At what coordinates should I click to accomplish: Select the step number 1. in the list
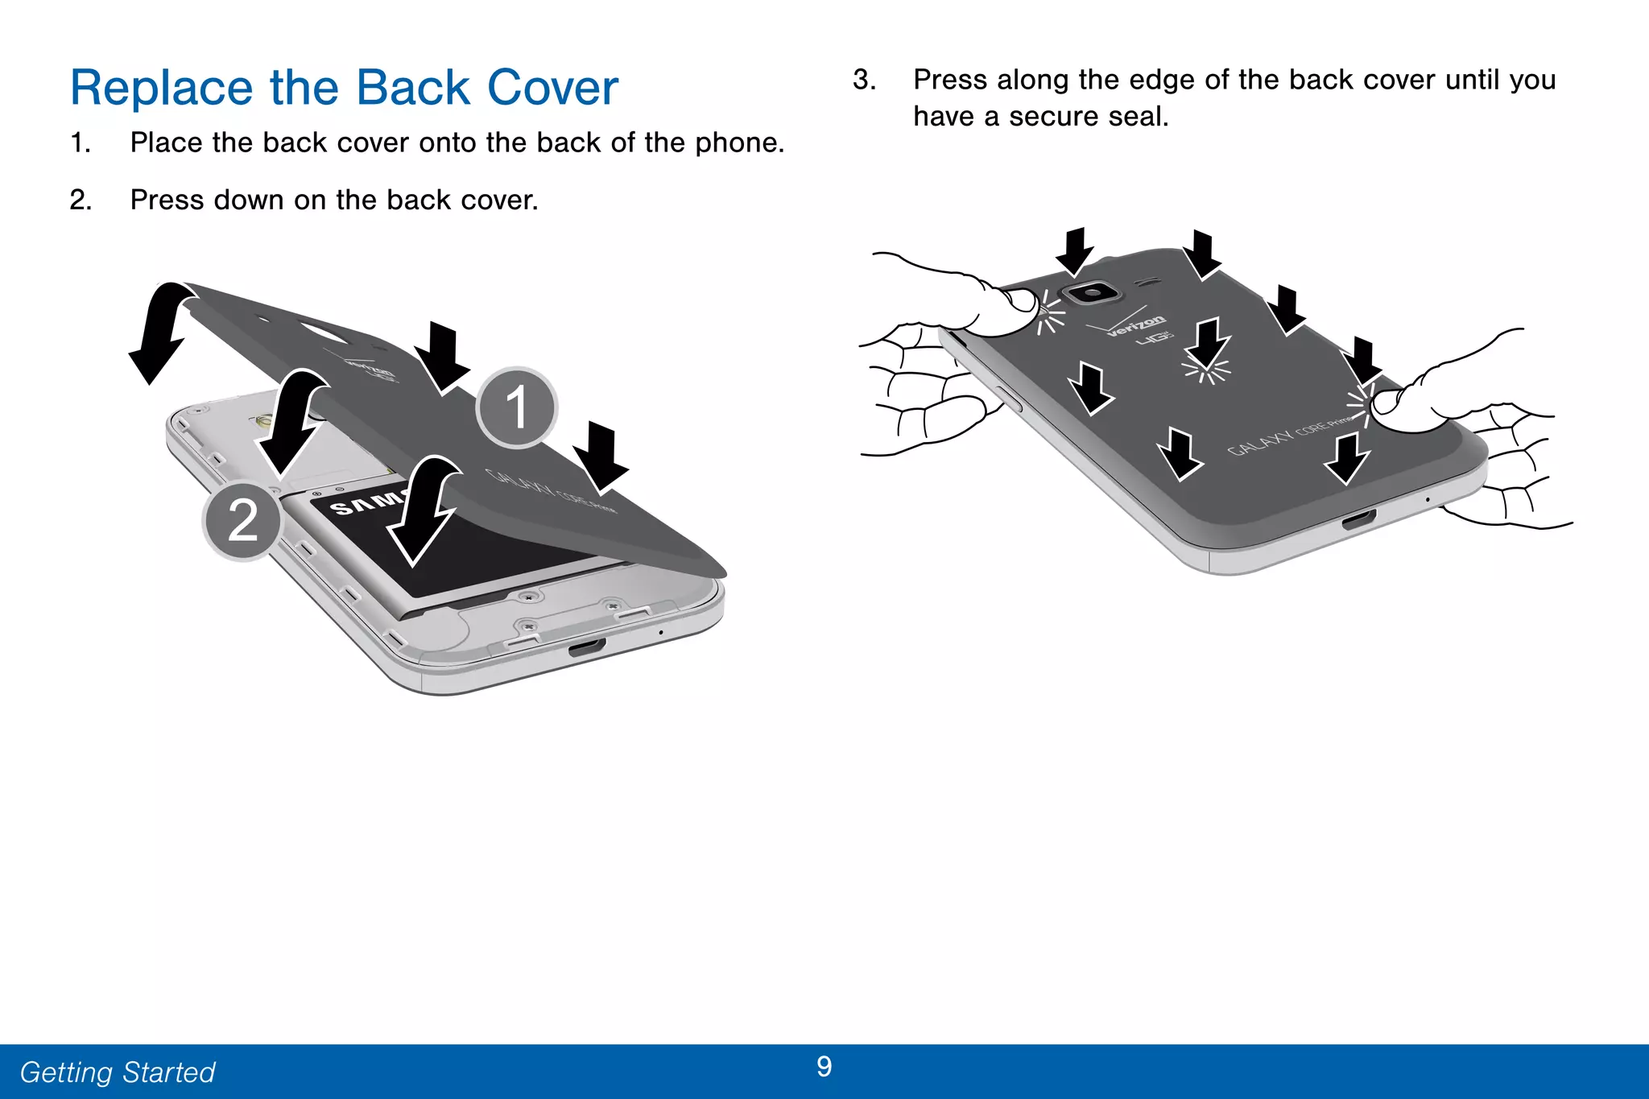[x=80, y=143]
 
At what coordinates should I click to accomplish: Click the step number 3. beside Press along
[x=864, y=80]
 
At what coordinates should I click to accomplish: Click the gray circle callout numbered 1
[x=516, y=407]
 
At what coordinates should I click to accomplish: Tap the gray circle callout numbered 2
[x=242, y=520]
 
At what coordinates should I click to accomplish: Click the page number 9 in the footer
[x=824, y=1067]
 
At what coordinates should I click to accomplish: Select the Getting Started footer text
[x=118, y=1072]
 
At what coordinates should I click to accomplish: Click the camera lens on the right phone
[x=1092, y=291]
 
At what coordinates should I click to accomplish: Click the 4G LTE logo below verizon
[x=1155, y=338]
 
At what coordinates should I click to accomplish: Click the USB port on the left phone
[x=587, y=647]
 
